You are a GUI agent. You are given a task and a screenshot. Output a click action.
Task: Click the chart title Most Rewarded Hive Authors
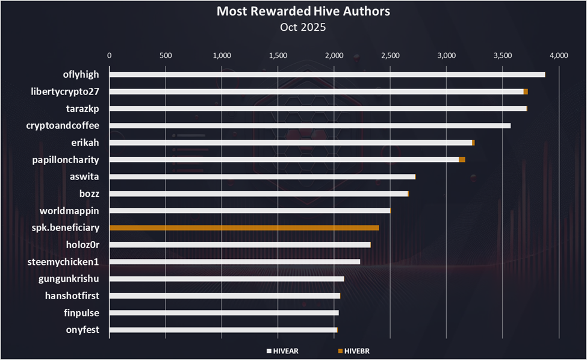click(x=293, y=11)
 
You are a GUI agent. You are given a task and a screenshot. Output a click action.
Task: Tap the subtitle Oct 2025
click(x=293, y=26)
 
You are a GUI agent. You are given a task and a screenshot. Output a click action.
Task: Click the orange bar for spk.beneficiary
click(x=244, y=228)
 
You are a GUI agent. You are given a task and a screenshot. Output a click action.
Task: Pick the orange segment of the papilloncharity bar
click(x=462, y=160)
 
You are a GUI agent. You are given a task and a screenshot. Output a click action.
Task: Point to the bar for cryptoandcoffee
click(x=309, y=125)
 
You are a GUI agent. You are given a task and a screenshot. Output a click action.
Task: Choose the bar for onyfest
click(x=223, y=330)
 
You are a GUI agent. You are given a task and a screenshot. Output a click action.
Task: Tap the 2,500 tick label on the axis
click(x=390, y=55)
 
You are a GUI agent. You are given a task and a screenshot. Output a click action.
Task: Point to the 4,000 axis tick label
click(x=559, y=55)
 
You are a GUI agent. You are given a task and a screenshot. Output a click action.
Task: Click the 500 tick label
click(x=166, y=55)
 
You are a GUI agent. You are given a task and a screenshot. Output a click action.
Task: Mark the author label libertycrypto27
click(x=64, y=92)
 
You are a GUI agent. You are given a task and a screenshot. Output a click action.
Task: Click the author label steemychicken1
click(x=63, y=262)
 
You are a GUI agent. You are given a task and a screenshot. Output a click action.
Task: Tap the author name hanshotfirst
click(x=72, y=296)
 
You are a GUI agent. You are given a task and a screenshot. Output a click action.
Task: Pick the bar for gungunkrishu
click(x=226, y=279)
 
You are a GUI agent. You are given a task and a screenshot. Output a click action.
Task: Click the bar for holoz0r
click(x=240, y=244)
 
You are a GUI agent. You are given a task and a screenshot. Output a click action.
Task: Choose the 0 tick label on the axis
click(x=109, y=55)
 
